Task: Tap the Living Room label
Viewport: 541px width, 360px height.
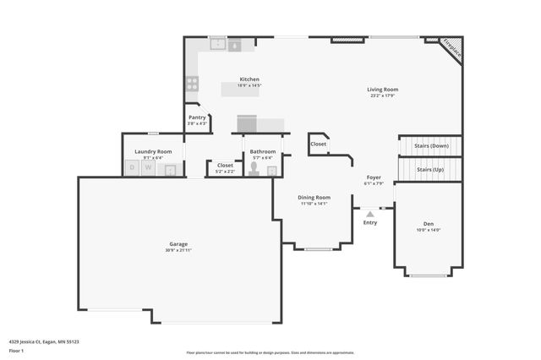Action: (x=382, y=89)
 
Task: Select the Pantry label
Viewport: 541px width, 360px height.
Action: (x=197, y=117)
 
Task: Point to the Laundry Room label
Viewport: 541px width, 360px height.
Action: (x=153, y=151)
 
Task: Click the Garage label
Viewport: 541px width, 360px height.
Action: (x=178, y=244)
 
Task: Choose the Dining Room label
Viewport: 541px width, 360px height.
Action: (x=313, y=197)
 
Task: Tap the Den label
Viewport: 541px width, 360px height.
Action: (x=429, y=223)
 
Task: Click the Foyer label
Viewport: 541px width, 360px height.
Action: (x=373, y=177)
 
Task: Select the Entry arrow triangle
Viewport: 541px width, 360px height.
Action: (x=369, y=214)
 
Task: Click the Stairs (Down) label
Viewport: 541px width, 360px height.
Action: (x=431, y=145)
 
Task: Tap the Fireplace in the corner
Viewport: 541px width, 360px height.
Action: (x=453, y=48)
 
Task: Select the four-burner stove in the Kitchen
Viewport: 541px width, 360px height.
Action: (x=192, y=83)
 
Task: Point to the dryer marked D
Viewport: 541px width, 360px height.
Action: (x=131, y=167)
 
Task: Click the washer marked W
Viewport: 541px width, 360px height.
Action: (x=149, y=167)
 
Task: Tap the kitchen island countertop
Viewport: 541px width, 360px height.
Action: (x=240, y=89)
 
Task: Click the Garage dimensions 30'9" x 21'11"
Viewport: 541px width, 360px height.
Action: (x=178, y=251)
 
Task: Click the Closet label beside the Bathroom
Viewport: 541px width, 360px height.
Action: (x=226, y=165)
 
